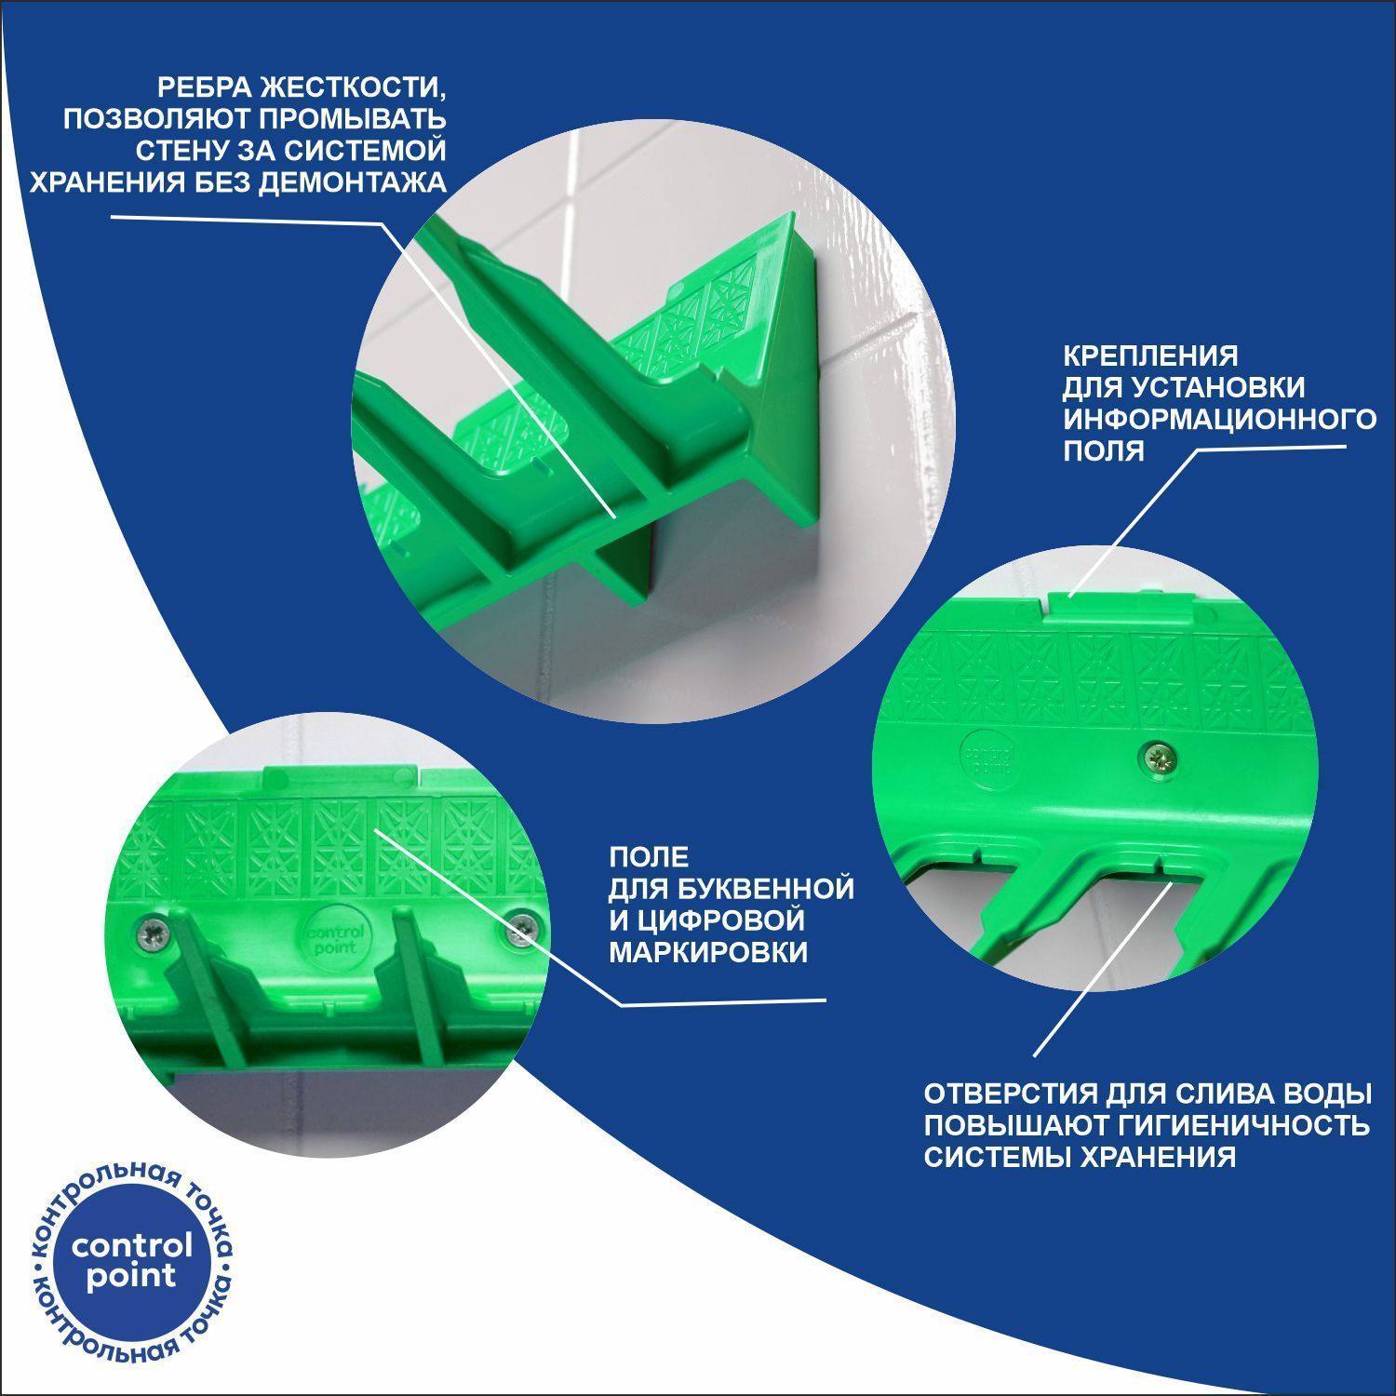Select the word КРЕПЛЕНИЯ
tap(1151, 356)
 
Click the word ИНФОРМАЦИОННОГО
tap(1220, 419)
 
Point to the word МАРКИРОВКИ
tap(708, 952)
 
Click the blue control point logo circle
tap(131, 1261)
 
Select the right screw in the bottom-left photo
tap(523, 928)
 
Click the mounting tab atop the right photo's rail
tap(1122, 606)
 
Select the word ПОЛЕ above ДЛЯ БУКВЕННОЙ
tap(649, 856)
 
